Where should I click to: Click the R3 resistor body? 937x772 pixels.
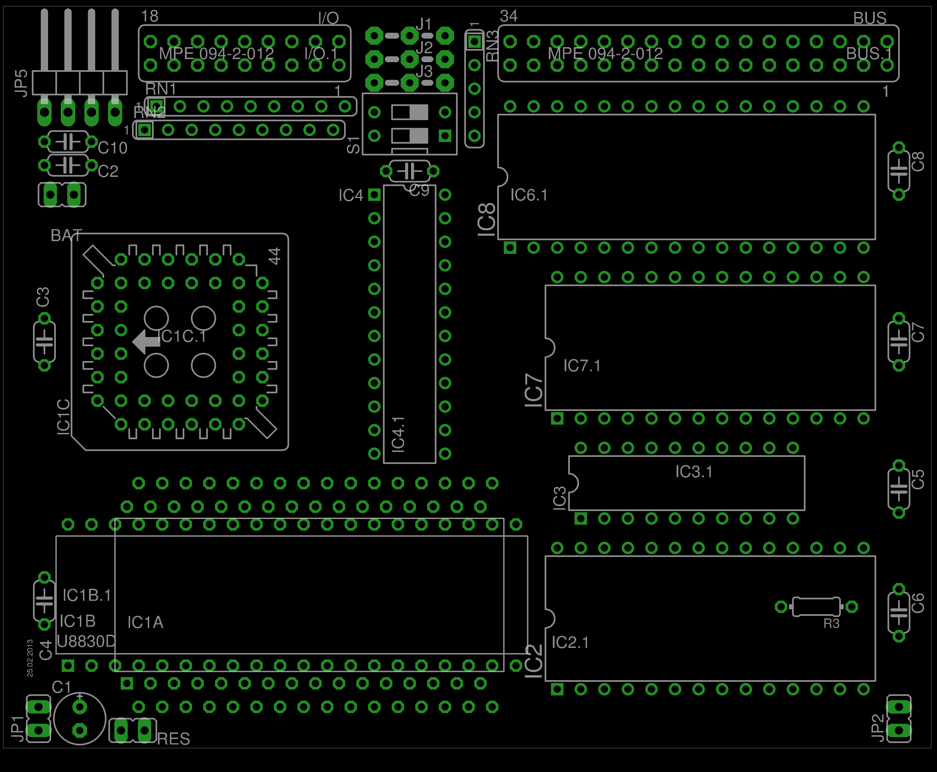(x=816, y=607)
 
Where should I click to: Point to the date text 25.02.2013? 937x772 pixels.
(x=30, y=658)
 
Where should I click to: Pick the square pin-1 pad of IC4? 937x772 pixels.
(x=374, y=195)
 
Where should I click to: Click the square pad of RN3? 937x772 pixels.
(x=474, y=42)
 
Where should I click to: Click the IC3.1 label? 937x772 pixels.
(x=694, y=472)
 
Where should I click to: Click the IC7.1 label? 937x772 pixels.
(x=582, y=366)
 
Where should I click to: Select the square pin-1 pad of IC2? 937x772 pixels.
(x=557, y=689)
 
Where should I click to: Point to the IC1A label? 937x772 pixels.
(x=145, y=622)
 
